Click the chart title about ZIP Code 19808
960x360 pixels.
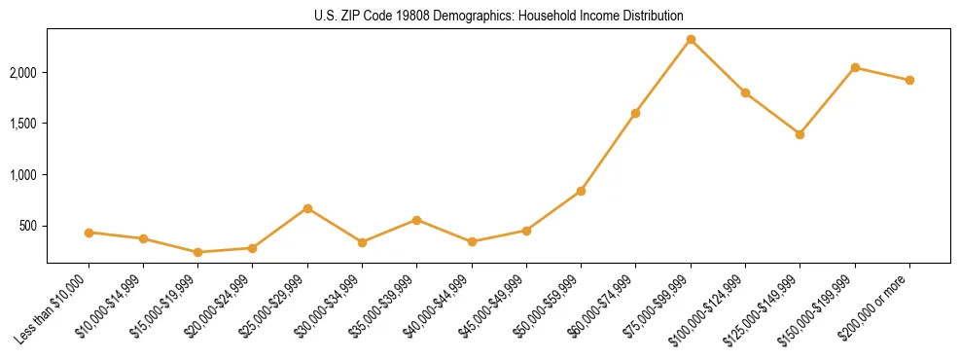tap(499, 16)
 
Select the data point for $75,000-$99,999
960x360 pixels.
tap(691, 40)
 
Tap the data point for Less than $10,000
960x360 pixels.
tap(89, 233)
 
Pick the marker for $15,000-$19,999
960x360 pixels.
tap(198, 252)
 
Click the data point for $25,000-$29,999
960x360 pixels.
tap(307, 208)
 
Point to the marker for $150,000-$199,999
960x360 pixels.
tap(855, 67)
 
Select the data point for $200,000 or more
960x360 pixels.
tap(909, 80)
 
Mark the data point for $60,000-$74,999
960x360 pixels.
tap(635, 113)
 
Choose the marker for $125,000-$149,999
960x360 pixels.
tap(800, 134)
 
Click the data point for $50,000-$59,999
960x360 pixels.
tap(581, 191)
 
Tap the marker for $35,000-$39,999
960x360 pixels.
tap(417, 220)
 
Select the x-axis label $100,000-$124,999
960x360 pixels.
tap(708, 310)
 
